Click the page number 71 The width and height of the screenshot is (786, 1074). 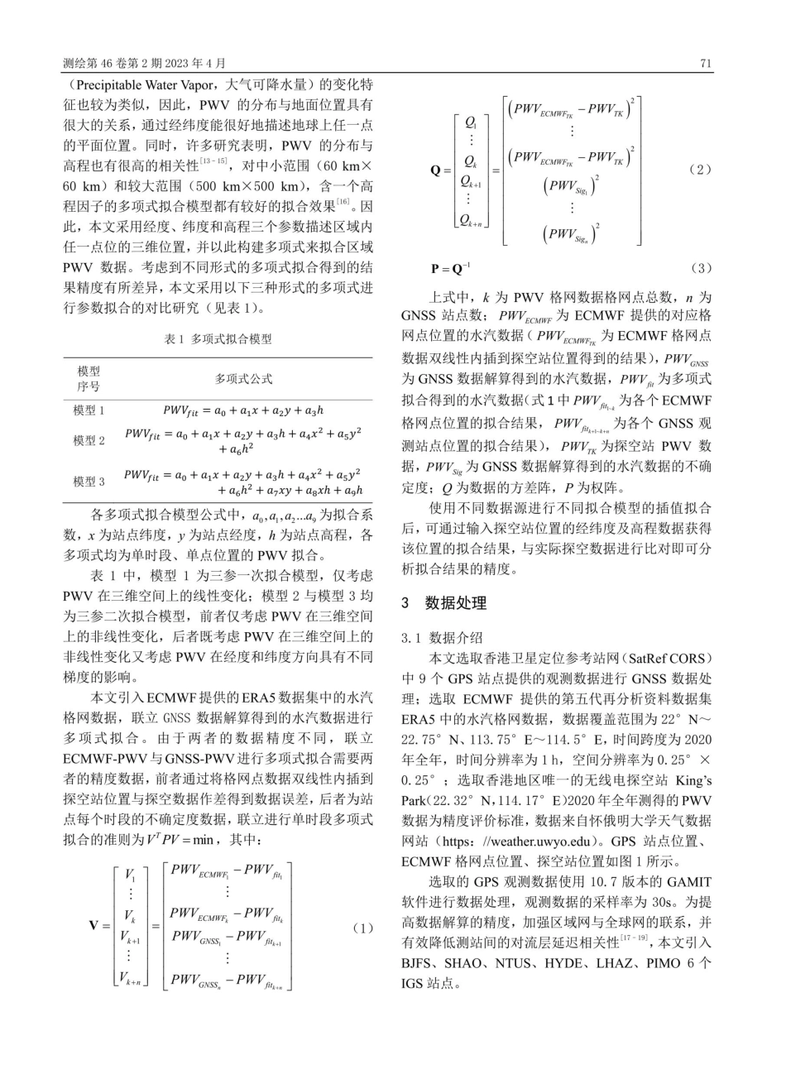click(x=706, y=63)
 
